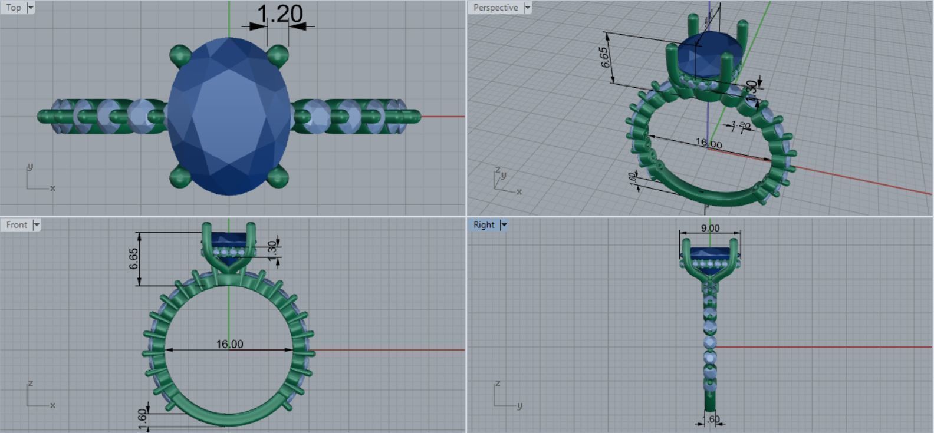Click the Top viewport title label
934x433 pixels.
[14, 8]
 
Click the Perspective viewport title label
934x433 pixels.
[495, 8]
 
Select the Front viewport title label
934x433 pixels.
[17, 224]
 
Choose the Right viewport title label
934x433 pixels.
[484, 224]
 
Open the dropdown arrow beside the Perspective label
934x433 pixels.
[527, 8]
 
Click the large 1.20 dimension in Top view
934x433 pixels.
[280, 14]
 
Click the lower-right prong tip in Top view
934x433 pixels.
[278, 176]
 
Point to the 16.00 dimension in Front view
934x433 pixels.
[229, 343]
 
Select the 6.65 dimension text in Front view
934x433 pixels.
[134, 258]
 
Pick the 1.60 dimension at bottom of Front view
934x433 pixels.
[142, 416]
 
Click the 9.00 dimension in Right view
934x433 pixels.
[710, 228]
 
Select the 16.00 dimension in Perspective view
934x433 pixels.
[708, 143]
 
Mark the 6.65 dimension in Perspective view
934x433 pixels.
[606, 57]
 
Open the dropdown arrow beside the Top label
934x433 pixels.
[31, 8]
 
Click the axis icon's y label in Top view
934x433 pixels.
[30, 167]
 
